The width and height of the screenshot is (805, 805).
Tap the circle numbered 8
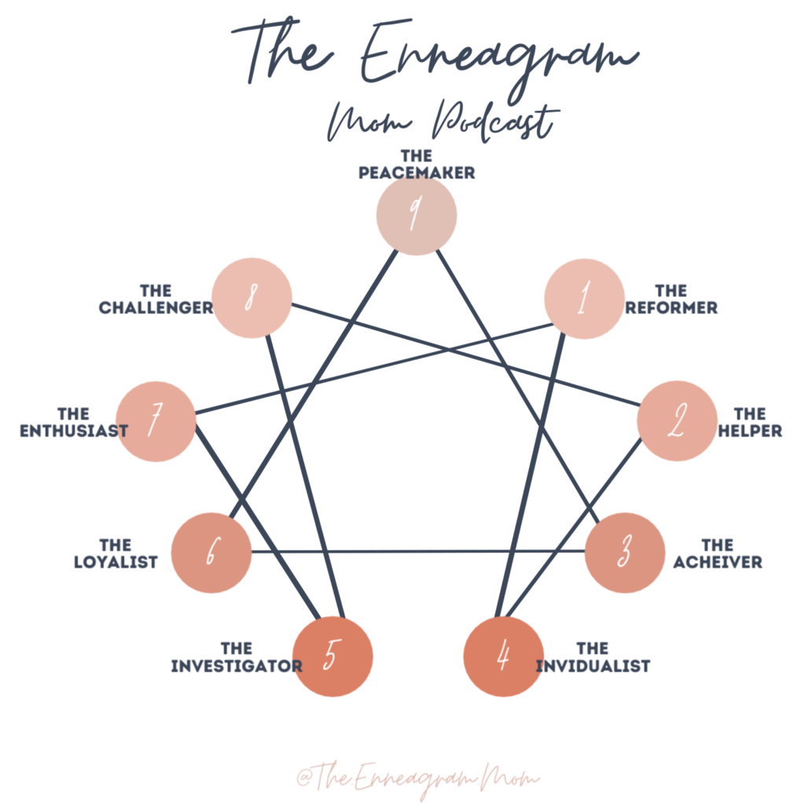click(252, 299)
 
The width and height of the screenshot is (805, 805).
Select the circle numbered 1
click(583, 300)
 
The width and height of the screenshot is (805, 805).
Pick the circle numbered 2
click(676, 421)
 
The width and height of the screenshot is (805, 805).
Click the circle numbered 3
click(626, 553)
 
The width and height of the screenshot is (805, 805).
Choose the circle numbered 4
click(504, 656)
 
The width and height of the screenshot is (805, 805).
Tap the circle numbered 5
click(332, 656)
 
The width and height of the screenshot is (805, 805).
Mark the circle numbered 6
click(211, 553)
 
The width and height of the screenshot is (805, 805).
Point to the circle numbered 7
click(156, 421)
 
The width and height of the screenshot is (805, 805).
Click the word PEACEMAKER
click(417, 173)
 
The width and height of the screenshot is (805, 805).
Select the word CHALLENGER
click(156, 307)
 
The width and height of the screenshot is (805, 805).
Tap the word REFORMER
click(671, 307)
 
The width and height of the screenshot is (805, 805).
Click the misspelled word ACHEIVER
click(717, 562)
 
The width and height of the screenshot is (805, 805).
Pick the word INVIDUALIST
click(593, 667)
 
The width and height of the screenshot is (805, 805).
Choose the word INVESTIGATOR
click(236, 667)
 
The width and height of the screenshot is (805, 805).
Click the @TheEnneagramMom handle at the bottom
click(417, 777)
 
